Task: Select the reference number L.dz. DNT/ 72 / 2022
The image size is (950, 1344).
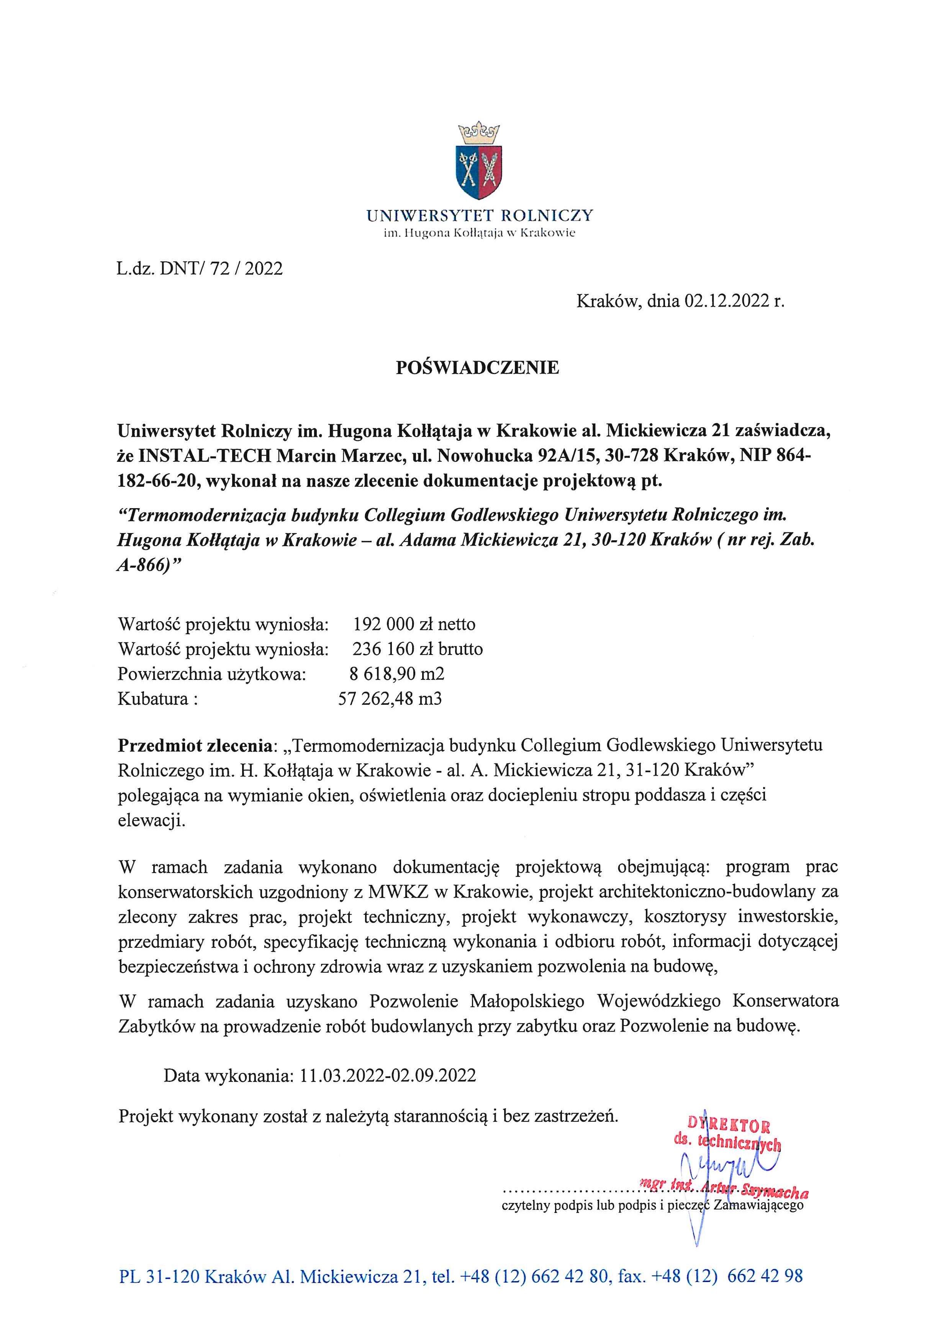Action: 200,269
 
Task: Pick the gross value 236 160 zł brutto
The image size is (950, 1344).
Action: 417,649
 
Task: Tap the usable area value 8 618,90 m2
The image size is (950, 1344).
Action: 396,674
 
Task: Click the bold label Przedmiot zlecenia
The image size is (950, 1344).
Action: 195,746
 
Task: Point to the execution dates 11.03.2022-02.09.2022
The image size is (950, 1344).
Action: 387,1075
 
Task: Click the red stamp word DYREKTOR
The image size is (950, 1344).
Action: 729,1125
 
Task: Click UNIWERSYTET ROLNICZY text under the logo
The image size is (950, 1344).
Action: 480,216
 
